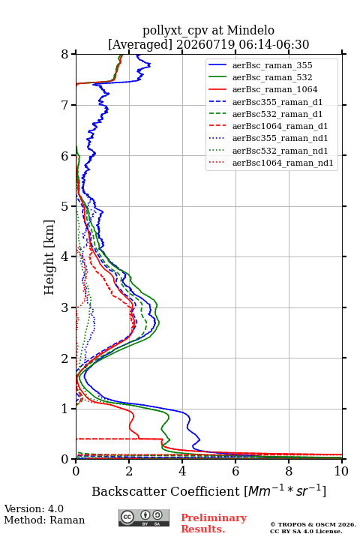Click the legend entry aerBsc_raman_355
tap(272, 65)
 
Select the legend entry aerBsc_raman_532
tap(272, 77)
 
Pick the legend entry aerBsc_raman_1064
tap(275, 89)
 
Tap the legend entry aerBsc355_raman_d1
tap(277, 102)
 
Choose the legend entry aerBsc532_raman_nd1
tap(280, 151)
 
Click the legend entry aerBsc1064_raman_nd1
tap(283, 163)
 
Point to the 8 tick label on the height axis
tap(65, 54)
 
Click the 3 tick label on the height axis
tap(65, 307)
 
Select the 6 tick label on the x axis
tap(235, 471)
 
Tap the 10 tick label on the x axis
tap(341, 471)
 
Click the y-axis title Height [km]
tap(49, 257)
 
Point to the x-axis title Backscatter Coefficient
tap(166, 491)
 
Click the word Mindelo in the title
tap(250, 30)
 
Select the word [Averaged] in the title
tap(140, 44)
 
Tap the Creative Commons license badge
tap(144, 518)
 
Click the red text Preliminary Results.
tap(214, 523)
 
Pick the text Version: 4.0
tap(34, 508)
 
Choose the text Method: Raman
tap(44, 520)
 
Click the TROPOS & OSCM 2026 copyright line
tap(313, 524)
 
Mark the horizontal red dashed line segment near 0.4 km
tap(119, 439)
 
